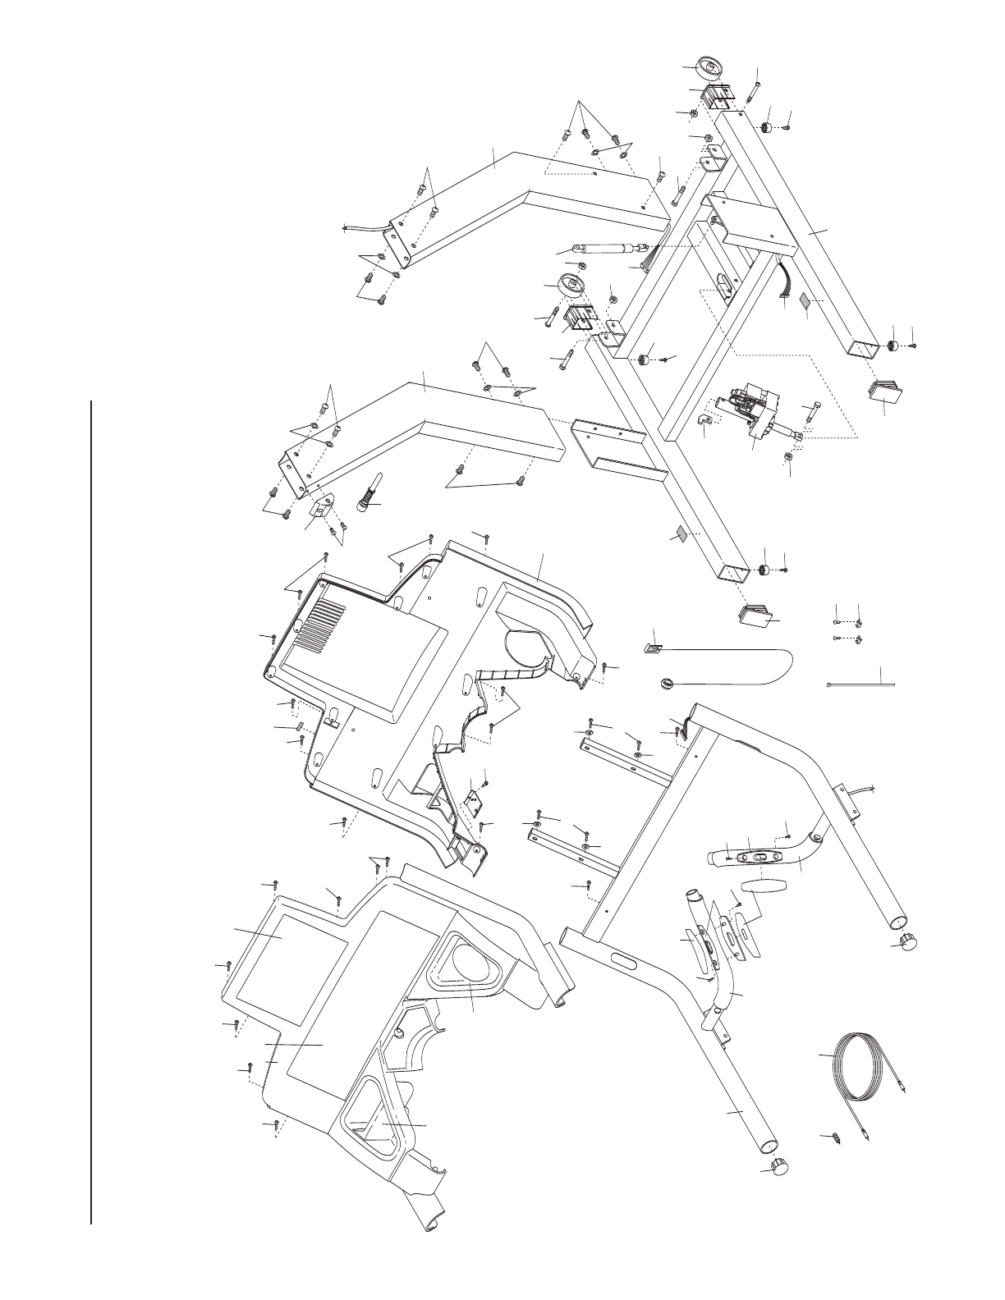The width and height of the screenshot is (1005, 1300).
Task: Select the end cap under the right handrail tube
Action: click(908, 941)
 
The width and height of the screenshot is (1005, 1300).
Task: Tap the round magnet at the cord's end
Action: click(668, 683)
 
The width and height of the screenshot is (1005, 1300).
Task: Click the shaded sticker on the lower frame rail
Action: click(679, 533)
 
